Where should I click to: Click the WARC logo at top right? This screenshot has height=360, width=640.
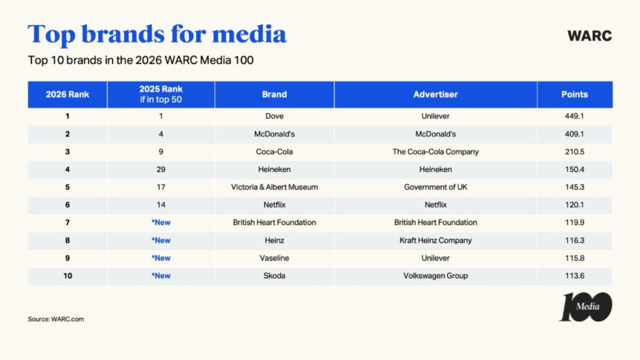coord(589,36)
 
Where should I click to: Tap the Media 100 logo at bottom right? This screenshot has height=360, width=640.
coord(585,307)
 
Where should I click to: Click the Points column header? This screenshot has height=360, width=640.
coord(574,94)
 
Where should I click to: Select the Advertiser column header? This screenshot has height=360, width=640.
coord(436,94)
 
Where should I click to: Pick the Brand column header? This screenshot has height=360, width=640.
coord(274,94)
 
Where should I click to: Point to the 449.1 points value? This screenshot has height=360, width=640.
coord(574,116)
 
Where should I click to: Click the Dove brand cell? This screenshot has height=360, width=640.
coord(274,116)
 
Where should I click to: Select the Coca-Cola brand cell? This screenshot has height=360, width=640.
coord(274,152)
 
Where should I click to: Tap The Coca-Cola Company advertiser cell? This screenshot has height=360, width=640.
coord(436,152)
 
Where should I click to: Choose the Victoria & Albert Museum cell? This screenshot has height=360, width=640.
coord(274,187)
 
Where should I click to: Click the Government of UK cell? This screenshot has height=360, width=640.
coord(436,187)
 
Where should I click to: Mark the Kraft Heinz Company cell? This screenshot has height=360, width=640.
coord(436,240)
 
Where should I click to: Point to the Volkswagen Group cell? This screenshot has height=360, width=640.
coord(436,276)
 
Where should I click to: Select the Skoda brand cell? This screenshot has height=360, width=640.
coord(274,276)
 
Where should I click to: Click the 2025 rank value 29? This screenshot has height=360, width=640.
coord(161,169)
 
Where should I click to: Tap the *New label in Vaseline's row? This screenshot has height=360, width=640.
coord(161,258)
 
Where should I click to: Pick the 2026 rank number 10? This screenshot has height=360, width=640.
coord(67,276)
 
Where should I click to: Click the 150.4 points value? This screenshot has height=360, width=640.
coord(574,169)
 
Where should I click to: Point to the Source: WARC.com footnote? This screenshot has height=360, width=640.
coord(56,319)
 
